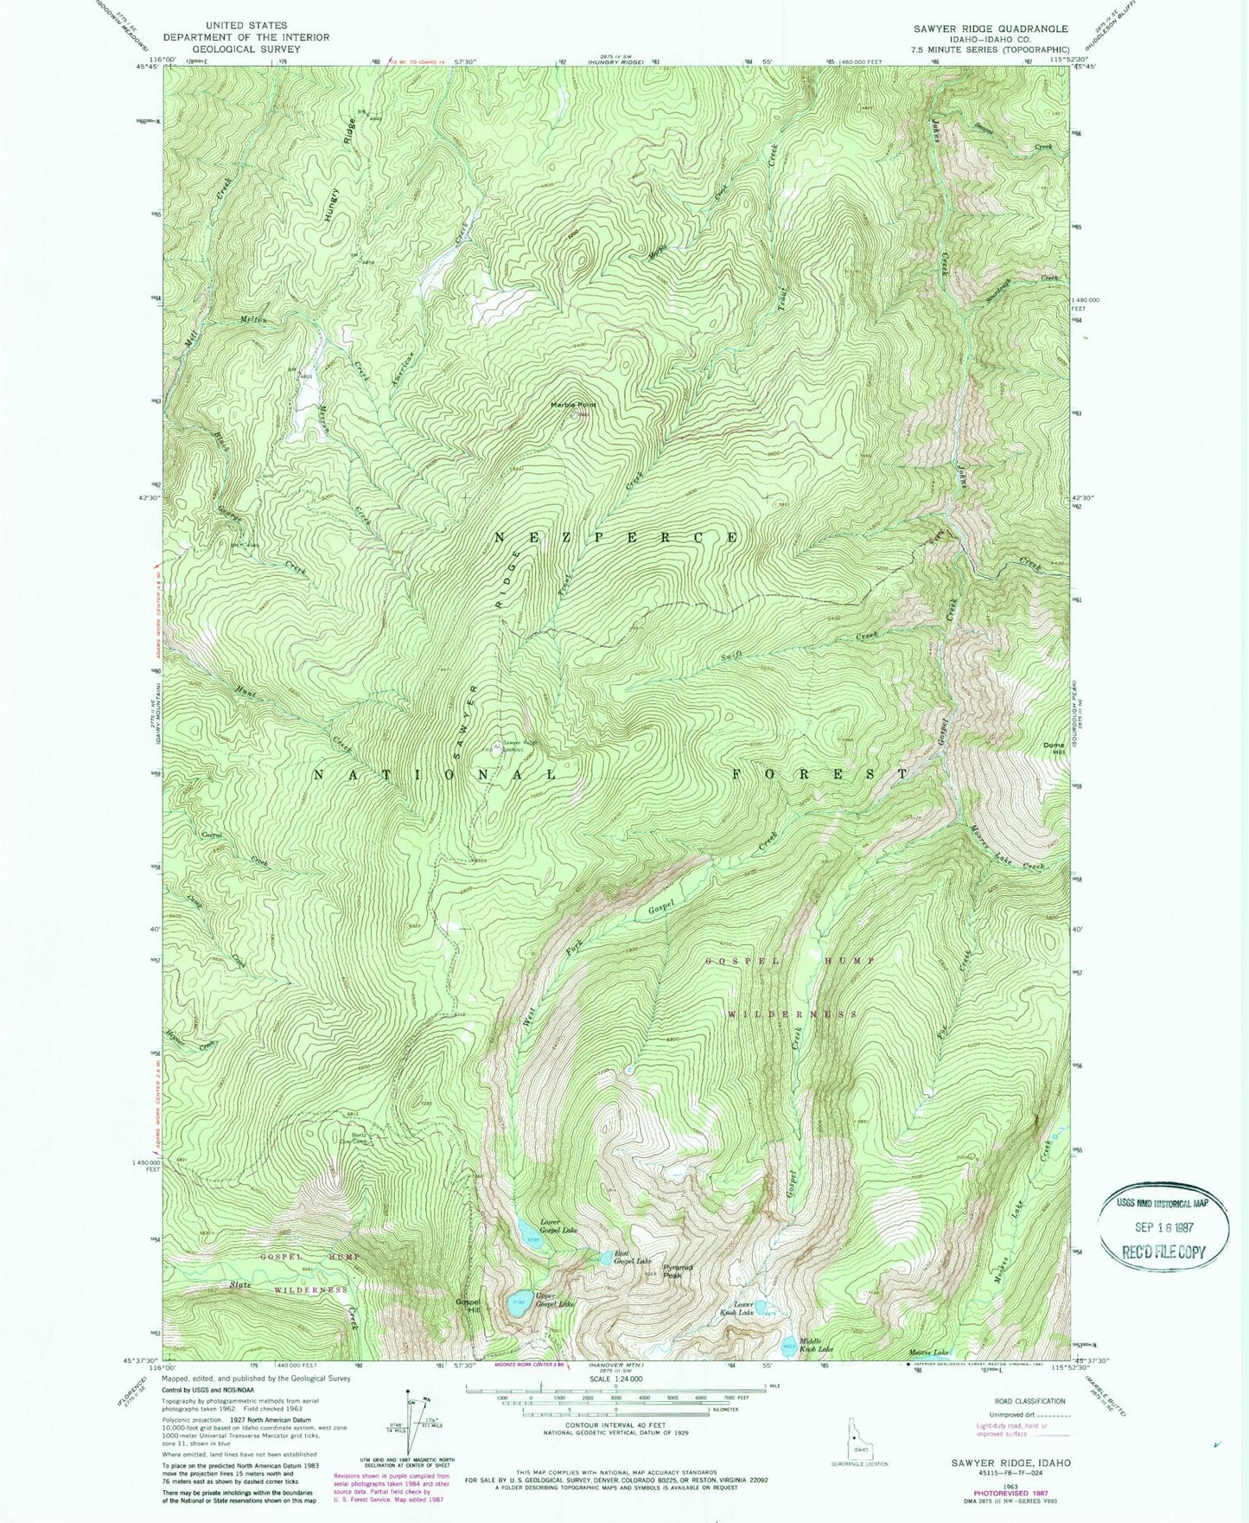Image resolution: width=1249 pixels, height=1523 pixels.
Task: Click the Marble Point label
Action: (x=573, y=405)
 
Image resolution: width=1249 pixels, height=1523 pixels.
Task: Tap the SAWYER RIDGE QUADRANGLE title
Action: (x=978, y=29)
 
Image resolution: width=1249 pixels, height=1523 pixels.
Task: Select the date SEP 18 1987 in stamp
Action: (x=1164, y=1228)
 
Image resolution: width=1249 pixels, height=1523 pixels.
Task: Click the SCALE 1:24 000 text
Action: (x=615, y=1378)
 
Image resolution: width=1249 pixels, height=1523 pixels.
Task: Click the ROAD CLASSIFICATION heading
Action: (x=1007, y=1401)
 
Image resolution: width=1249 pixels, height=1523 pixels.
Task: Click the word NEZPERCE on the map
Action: (x=616, y=537)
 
